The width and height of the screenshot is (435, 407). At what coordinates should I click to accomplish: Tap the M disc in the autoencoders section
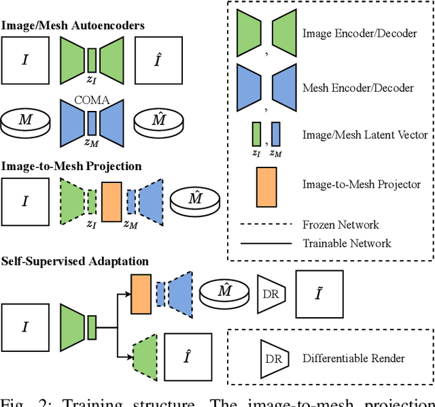pyautogui.click(x=25, y=122)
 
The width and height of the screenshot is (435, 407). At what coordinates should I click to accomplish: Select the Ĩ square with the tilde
pyautogui.click(x=319, y=294)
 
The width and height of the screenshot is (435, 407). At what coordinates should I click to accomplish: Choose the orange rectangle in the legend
pyautogui.click(x=265, y=184)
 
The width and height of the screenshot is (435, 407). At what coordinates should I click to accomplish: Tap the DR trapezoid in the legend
pyautogui.click(x=272, y=358)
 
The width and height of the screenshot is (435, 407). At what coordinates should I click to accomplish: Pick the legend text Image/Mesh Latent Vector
pyautogui.click(x=365, y=135)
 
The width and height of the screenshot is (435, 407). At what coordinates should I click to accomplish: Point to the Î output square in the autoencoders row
pyautogui.click(x=158, y=60)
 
